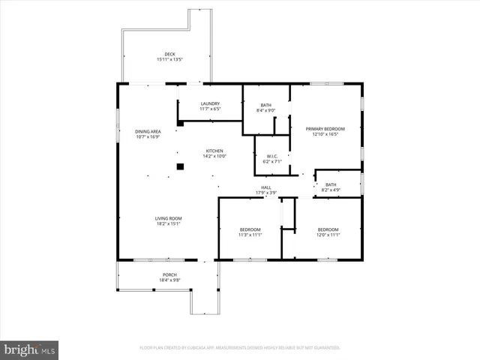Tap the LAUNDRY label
(x=209, y=103)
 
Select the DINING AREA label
(x=148, y=131)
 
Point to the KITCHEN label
(x=215, y=151)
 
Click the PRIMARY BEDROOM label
(x=325, y=129)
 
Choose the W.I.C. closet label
(x=271, y=156)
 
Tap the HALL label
(x=266, y=187)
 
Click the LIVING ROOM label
(x=169, y=218)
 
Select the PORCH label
(x=169, y=275)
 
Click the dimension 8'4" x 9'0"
(x=266, y=110)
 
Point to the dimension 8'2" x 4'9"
(x=331, y=190)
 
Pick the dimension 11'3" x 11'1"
(x=250, y=235)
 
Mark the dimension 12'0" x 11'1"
(x=328, y=235)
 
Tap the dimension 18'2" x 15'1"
(x=169, y=223)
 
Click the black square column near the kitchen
(x=180, y=166)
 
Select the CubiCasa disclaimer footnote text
(x=240, y=348)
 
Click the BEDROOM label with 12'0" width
(x=328, y=229)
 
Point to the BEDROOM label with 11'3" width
(x=250, y=229)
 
